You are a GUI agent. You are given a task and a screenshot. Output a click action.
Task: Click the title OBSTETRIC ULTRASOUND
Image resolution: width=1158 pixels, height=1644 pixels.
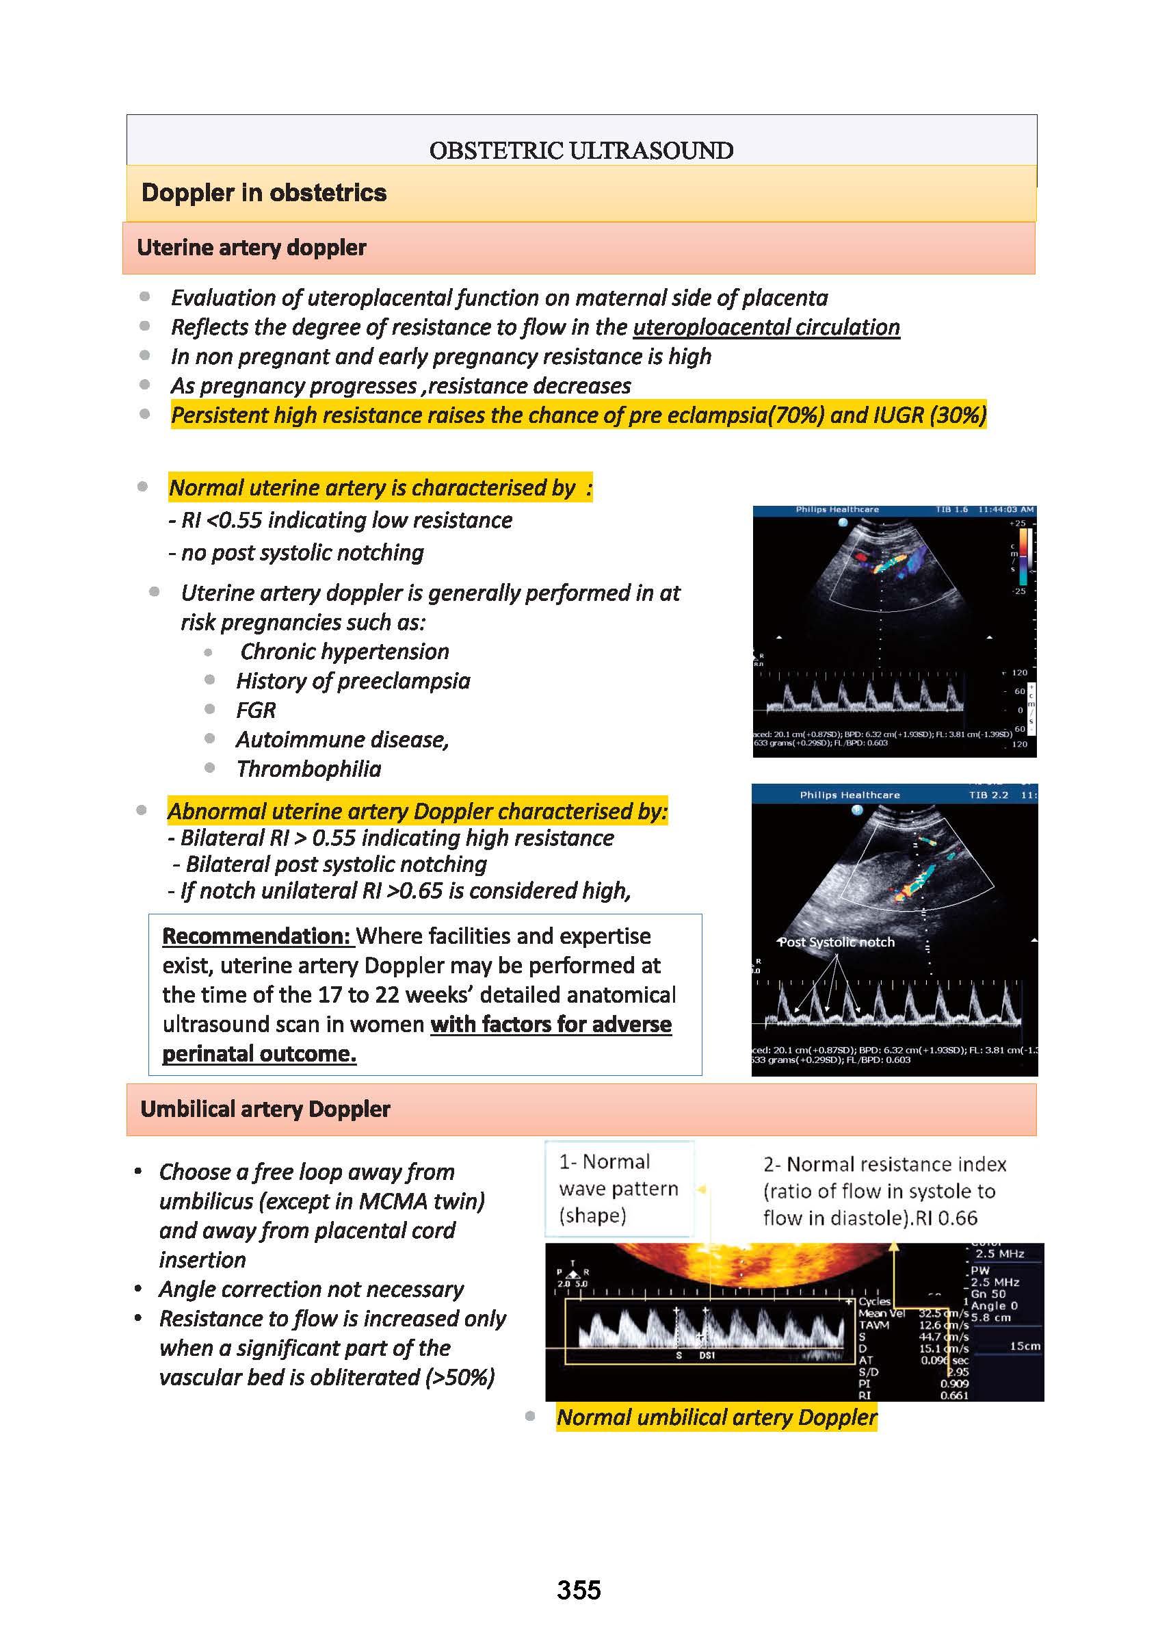click(x=581, y=151)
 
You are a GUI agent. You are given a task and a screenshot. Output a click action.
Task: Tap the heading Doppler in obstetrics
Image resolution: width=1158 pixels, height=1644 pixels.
click(x=263, y=192)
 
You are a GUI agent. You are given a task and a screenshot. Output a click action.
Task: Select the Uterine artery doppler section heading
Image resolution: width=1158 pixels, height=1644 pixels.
click(x=251, y=248)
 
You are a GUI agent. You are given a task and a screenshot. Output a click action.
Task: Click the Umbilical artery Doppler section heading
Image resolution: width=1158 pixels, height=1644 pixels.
click(x=265, y=1109)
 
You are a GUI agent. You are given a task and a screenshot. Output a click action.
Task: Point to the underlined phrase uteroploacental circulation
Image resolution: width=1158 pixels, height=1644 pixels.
click(x=766, y=327)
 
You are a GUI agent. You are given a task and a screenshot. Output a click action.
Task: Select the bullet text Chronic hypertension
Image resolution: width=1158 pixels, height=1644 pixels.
click(x=344, y=652)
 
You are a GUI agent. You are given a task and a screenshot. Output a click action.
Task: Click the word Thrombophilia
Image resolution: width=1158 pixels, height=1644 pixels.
click(x=308, y=769)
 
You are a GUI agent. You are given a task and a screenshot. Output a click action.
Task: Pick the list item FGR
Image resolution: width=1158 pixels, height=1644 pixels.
click(x=256, y=710)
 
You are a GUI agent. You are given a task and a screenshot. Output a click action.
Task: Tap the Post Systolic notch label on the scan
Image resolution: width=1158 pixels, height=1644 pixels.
click(x=836, y=942)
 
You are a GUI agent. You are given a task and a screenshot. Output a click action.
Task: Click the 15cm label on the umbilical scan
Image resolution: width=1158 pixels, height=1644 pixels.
click(x=1024, y=1346)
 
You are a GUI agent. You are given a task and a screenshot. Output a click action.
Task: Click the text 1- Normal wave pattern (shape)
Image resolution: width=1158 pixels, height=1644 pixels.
click(x=618, y=1188)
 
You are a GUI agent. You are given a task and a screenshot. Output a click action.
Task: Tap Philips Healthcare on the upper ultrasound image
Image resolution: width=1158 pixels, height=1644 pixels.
click(x=837, y=510)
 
